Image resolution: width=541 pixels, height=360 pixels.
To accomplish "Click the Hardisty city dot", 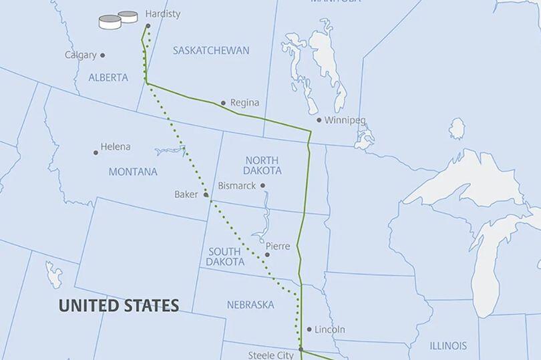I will click(x=148, y=26).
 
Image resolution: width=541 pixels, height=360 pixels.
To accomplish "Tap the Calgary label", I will click(x=81, y=55).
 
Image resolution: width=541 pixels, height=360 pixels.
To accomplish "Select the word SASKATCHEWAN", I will click(x=211, y=51).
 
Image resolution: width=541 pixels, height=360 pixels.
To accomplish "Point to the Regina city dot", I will click(x=223, y=103).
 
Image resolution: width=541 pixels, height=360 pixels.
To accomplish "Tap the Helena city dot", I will click(x=96, y=153).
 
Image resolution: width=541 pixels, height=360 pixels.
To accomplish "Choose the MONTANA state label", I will click(x=133, y=172).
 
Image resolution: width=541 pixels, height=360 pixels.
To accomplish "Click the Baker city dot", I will click(x=206, y=195).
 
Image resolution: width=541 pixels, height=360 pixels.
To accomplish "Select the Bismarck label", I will click(x=237, y=186).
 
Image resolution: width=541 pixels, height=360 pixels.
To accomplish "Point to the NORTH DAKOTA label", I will click(x=262, y=165).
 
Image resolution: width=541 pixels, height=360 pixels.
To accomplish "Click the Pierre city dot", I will click(x=267, y=254).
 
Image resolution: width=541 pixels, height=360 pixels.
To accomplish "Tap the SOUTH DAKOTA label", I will click(x=224, y=256).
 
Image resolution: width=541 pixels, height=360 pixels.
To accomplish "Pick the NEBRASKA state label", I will click(x=250, y=305).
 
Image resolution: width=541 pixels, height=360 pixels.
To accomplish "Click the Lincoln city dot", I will click(x=309, y=329).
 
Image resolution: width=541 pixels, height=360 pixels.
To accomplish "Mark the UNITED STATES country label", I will click(x=119, y=306).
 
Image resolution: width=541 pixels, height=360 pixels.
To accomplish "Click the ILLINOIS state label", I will click(x=448, y=346).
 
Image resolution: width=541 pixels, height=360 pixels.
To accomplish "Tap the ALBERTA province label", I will click(x=108, y=77).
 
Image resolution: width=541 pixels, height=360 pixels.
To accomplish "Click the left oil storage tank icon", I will click(x=110, y=22).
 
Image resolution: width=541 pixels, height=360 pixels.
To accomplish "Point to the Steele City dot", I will click(x=301, y=349).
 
